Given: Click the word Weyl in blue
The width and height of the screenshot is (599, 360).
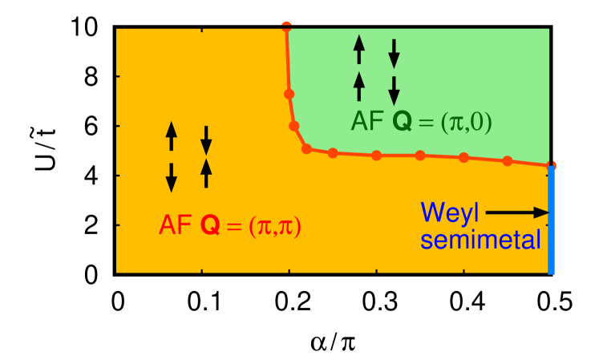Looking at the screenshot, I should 449,212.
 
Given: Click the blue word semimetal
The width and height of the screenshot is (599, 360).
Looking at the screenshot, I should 481,239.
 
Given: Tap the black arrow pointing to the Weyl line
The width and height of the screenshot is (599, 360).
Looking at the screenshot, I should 517,212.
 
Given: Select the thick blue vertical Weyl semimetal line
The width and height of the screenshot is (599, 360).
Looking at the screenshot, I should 552,220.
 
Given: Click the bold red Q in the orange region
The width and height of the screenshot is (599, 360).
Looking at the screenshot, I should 209,226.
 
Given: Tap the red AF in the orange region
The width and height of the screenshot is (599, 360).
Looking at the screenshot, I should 174,226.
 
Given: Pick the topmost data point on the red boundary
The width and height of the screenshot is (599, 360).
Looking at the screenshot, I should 286,26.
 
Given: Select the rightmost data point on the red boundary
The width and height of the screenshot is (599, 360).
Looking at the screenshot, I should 551,166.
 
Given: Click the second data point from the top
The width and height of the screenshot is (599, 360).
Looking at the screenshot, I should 289,94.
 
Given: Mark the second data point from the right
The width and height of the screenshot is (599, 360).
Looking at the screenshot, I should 508,161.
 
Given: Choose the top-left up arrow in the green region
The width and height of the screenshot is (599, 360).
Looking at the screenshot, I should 359,50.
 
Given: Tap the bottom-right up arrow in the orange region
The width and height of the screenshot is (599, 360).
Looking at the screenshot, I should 206,172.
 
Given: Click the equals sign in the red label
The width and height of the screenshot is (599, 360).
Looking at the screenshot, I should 234,228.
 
